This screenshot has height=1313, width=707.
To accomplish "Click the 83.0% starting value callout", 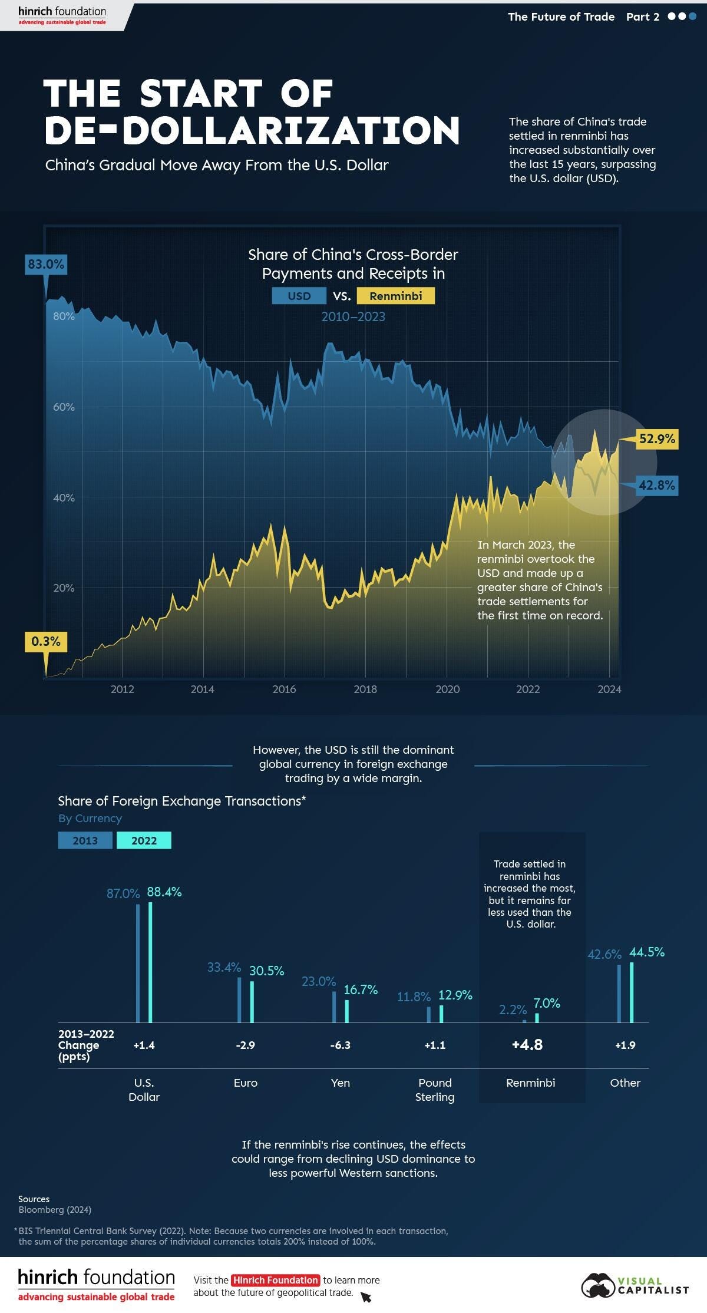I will [x=45, y=265].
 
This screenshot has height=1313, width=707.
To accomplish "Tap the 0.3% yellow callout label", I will [x=45, y=641].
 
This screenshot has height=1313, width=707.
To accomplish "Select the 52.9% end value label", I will [x=656, y=439].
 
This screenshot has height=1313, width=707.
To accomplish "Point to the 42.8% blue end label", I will [x=656, y=486].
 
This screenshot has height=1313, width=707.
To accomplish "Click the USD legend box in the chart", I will [x=299, y=296].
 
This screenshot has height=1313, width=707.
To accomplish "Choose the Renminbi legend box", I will [x=395, y=296].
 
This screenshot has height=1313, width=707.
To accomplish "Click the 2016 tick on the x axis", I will [x=284, y=689].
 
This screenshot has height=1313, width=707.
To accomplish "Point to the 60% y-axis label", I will [x=64, y=407].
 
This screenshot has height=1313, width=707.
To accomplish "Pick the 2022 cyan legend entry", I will [x=144, y=840].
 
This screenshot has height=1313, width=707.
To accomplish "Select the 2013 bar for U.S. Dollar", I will [x=138, y=963].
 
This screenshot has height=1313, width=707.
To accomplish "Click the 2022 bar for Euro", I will [x=252, y=1001].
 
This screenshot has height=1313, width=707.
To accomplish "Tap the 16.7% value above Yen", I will [x=361, y=989].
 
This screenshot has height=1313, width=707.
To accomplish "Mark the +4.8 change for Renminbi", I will [x=527, y=1045].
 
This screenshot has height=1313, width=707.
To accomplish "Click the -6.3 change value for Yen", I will [x=340, y=1045].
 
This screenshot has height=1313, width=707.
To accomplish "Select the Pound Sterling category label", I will [x=435, y=1089].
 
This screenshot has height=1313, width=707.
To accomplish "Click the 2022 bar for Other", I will [x=632, y=992].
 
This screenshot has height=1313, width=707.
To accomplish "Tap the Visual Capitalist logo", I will [x=635, y=1285].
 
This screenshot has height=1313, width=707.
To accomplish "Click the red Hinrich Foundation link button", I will [x=275, y=1280].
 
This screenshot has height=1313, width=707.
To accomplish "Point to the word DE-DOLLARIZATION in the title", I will [x=252, y=131].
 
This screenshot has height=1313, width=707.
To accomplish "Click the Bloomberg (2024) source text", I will [x=55, y=1209].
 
